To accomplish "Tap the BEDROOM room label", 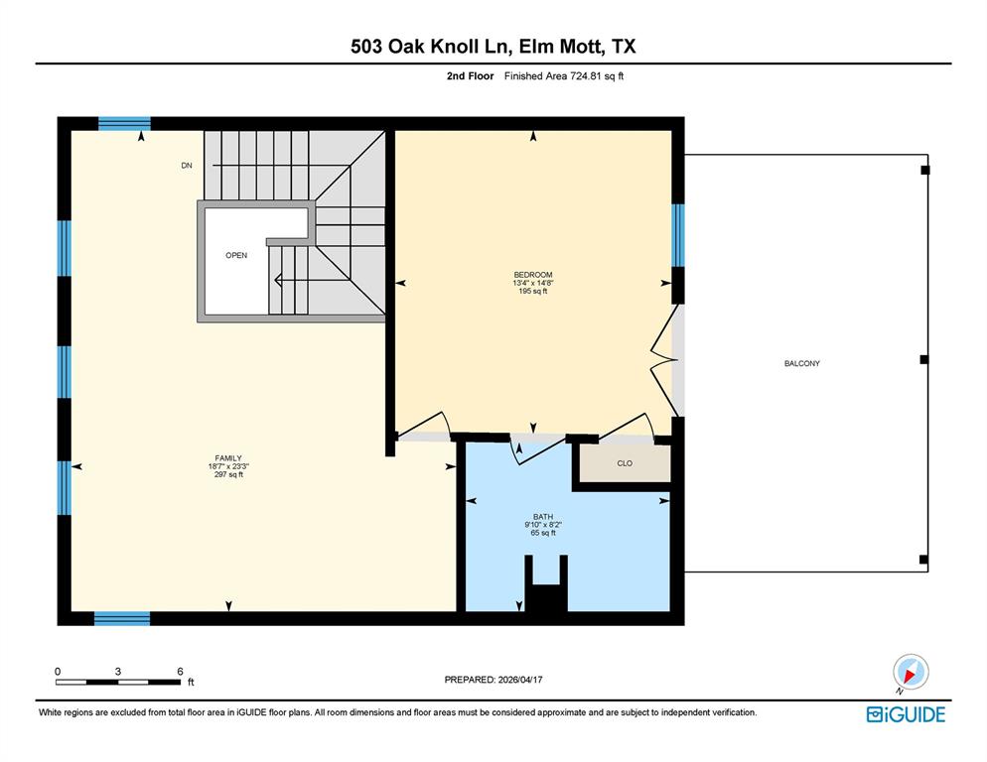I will point(532,275).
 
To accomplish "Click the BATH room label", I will point(542,516).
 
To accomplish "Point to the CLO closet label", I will point(625,463).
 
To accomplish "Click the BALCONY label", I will point(801,364).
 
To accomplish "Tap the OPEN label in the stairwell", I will point(235,256).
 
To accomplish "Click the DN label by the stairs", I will point(186,166).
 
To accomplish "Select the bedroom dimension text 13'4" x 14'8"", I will point(532,283).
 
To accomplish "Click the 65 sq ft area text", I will point(542,533).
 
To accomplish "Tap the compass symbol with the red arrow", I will point(910,672).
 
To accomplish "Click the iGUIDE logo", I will point(906,714).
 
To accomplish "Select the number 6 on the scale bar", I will point(180,672).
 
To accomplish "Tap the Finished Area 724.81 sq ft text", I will point(563,75).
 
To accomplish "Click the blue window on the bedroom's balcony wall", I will point(678,235).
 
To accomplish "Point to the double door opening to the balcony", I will point(665,362).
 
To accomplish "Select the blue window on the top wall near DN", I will point(124,124).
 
